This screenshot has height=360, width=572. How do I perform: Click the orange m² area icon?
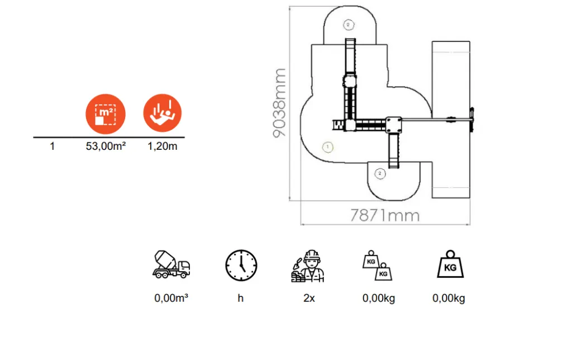click(106, 114)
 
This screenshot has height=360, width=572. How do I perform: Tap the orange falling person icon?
click(163, 113)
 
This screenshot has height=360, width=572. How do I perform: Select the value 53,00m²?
click(106, 146)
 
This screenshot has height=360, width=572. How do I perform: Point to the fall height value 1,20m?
click(163, 146)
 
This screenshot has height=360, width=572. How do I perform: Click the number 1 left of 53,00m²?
click(52, 146)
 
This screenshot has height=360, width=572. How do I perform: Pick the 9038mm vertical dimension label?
click(279, 103)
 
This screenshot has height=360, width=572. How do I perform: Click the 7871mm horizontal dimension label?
click(385, 215)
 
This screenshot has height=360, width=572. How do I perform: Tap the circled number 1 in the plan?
click(327, 147)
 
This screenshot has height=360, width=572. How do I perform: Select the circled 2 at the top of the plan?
click(349, 25)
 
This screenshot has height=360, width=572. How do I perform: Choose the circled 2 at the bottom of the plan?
click(380, 173)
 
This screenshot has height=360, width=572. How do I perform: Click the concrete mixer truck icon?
click(171, 265)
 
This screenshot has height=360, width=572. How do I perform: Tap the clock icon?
click(241, 266)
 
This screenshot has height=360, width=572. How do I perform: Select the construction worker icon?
click(308, 266)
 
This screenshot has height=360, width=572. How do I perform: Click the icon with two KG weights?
click(377, 266)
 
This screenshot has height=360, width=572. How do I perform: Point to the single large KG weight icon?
click(451, 264)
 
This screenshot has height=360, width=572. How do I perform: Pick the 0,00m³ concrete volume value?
click(171, 299)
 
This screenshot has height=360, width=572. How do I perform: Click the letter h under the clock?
click(240, 299)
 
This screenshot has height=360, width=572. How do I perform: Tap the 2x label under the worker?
click(309, 299)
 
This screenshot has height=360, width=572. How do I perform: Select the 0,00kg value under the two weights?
click(379, 299)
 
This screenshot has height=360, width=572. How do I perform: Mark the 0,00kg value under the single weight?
click(449, 299)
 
